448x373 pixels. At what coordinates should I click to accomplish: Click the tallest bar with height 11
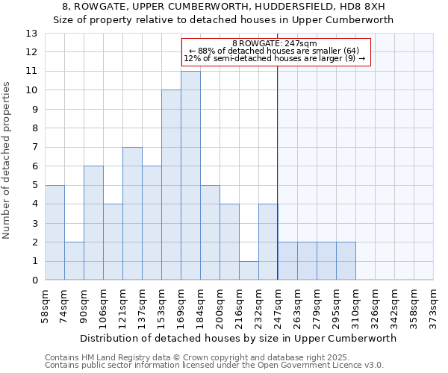click(x=190, y=175)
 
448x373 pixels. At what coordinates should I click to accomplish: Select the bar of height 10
click(x=171, y=185)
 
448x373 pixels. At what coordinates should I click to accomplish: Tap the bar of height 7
click(x=132, y=213)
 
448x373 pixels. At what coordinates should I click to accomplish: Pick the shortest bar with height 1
click(x=249, y=270)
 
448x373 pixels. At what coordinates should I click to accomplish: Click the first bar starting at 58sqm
click(x=55, y=232)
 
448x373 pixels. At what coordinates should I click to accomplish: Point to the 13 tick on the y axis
click(x=31, y=34)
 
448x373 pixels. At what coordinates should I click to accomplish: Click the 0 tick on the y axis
click(x=34, y=280)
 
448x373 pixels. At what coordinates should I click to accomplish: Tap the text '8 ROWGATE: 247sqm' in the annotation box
click(x=275, y=44)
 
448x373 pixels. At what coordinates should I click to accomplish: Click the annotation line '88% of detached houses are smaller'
click(x=275, y=51)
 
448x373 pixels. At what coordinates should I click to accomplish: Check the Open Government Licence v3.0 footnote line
click(x=214, y=365)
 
